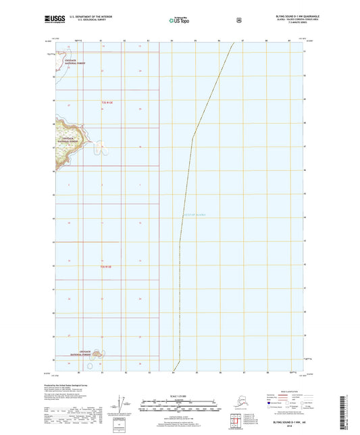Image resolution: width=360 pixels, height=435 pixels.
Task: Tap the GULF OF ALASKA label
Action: tap(195, 215)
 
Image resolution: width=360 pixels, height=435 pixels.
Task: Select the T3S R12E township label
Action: tap(105, 267)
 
